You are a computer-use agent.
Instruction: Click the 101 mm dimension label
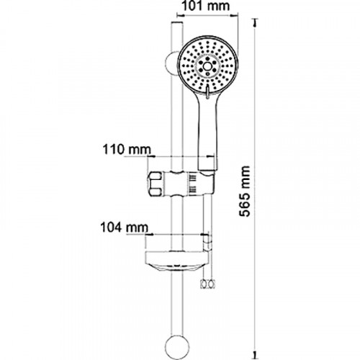click(x=206, y=6)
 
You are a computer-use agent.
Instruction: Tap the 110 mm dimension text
click(x=127, y=150)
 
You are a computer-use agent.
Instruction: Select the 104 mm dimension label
click(x=124, y=228)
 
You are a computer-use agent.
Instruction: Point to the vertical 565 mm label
click(x=245, y=191)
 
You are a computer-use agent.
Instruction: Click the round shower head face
click(x=208, y=66)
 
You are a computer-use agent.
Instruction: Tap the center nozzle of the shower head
click(x=207, y=66)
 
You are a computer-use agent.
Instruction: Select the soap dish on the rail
click(x=177, y=261)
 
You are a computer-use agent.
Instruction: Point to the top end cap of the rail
click(x=177, y=24)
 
